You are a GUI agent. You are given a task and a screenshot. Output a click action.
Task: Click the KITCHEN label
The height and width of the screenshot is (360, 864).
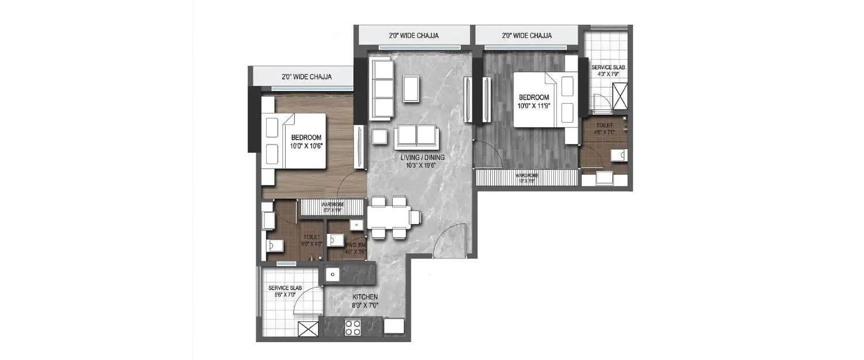(365, 297)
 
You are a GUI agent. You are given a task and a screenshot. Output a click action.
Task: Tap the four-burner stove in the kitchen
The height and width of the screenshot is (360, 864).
(352, 327)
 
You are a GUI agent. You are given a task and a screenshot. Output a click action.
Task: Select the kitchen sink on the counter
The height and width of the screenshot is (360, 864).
(333, 275)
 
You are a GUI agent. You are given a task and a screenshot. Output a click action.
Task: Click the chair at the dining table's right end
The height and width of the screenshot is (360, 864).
(415, 217)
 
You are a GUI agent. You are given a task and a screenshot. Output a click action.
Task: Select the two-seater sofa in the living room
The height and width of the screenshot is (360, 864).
(416, 135)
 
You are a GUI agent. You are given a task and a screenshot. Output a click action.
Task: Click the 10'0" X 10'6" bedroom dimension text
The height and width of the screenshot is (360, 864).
(306, 146)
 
